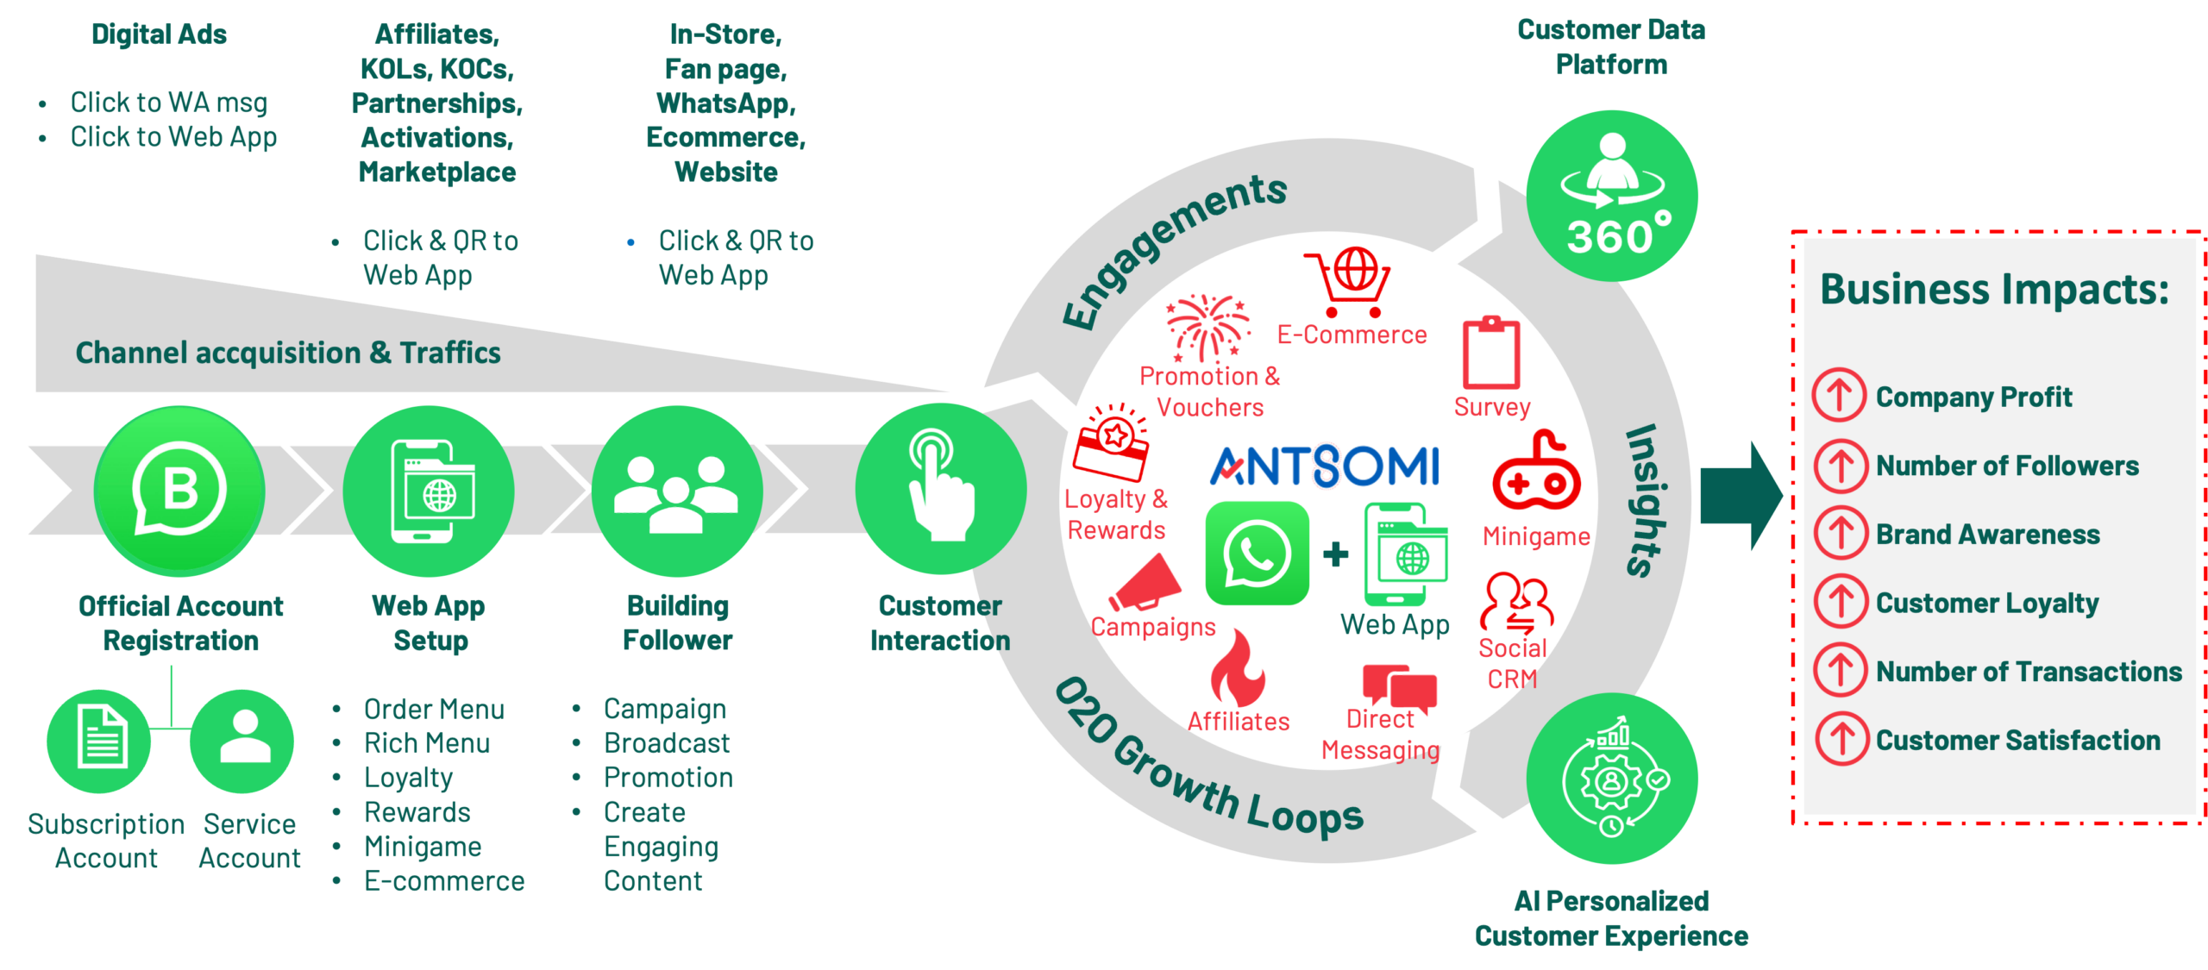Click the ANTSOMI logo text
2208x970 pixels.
1325,466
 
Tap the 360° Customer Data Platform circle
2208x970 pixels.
1611,196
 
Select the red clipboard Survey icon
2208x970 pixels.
1491,353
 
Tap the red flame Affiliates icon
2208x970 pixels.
1237,667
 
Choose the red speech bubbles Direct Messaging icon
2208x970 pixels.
1399,687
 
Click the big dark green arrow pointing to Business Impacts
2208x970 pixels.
1741,496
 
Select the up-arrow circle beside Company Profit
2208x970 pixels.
1839,396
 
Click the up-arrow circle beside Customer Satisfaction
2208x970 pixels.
1841,739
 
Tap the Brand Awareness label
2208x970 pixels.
1987,534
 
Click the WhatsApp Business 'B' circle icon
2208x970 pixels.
179,490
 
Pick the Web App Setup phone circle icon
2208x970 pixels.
429,491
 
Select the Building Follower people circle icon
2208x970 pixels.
677,491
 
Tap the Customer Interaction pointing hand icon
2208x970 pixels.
940,489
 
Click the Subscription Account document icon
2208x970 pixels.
99,742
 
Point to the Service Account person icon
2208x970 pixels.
242,742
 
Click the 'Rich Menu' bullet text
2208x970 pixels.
427,742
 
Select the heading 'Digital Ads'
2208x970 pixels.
159,34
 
